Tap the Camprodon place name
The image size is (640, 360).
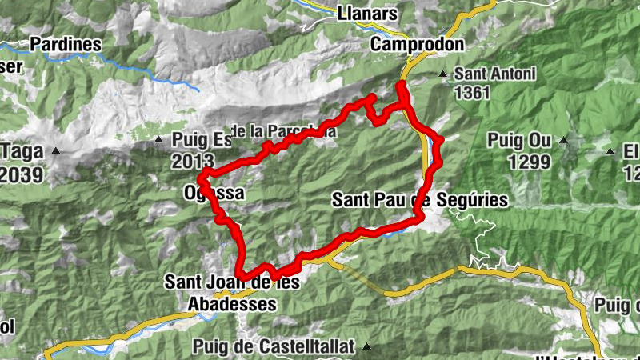(417, 44)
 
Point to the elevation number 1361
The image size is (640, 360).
(472, 93)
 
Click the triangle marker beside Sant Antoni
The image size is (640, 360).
(443, 74)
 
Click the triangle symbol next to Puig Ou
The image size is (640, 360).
(565, 141)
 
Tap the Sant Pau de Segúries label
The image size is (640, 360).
(419, 199)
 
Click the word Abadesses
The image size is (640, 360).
(232, 305)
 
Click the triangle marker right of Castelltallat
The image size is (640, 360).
(367, 346)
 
